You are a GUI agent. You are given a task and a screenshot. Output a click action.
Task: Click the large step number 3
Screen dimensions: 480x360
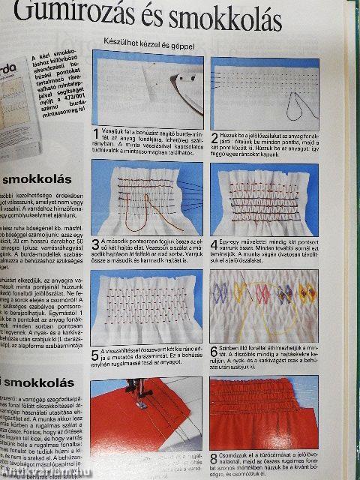pyautogui.click(x=94, y=243)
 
